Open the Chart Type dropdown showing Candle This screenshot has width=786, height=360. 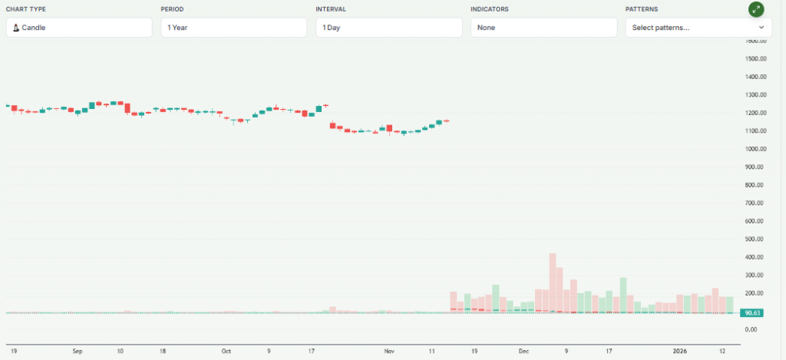pos(79,28)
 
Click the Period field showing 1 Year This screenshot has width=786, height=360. pos(233,28)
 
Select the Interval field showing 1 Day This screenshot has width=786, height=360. pos(388,28)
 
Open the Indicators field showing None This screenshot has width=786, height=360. pos(543,28)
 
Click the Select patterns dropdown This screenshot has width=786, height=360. pos(698,28)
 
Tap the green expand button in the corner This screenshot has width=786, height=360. pos(757,9)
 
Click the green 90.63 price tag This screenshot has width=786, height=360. pos(752,313)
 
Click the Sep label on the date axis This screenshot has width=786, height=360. pos(77,351)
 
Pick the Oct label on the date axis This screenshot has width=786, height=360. pos(226,351)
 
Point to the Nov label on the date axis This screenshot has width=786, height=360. pos(389,351)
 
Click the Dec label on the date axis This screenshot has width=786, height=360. pos(523,351)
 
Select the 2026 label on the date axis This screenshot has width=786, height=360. pos(679,351)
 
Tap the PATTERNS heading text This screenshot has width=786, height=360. pos(642,9)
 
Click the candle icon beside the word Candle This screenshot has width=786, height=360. pos(15,28)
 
